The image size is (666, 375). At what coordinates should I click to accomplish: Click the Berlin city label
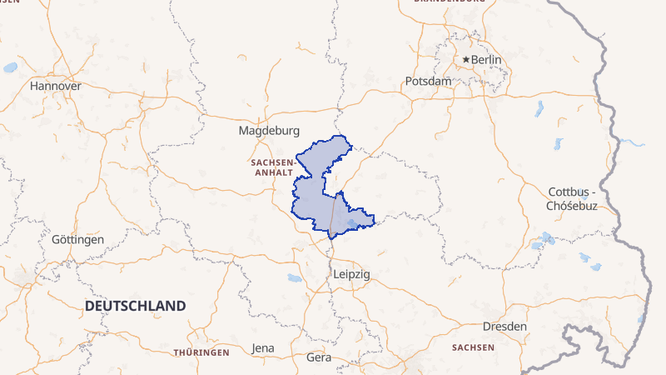tap(486, 60)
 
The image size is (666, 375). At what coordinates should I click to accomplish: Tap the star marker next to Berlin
tap(466, 60)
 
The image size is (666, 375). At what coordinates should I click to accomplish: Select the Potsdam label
tap(428, 81)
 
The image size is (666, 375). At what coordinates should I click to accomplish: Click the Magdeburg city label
tap(268, 131)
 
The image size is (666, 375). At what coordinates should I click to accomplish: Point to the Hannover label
tap(55, 86)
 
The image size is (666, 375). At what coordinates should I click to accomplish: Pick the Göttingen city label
tap(77, 239)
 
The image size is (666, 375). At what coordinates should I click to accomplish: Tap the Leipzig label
tap(350, 274)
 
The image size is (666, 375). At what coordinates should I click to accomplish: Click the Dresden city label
tap(504, 327)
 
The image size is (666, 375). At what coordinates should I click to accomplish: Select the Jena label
tap(262, 348)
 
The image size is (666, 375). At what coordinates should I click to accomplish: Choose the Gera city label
tap(319, 357)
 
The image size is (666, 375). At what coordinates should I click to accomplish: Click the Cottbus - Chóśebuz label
tap(572, 199)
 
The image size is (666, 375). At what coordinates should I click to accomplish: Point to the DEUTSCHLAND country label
tap(135, 307)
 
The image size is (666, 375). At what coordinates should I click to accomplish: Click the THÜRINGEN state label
tap(201, 352)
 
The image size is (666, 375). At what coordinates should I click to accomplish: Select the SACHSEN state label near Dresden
tap(473, 347)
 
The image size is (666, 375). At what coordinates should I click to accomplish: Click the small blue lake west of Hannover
tap(10, 67)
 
